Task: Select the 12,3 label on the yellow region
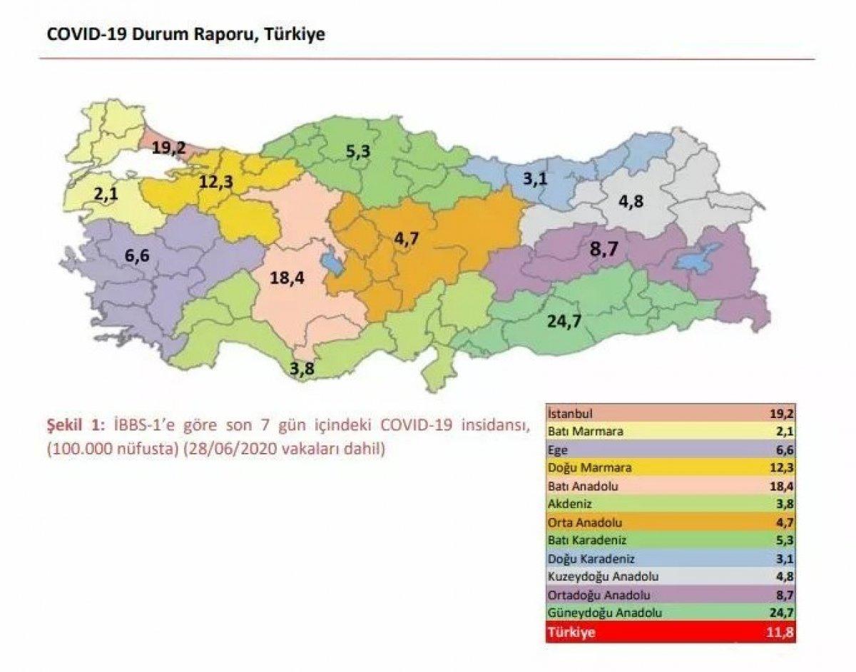coord(215,182)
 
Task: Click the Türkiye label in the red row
coord(570,633)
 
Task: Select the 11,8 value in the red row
coord(797,633)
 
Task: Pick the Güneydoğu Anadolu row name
coord(594,613)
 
